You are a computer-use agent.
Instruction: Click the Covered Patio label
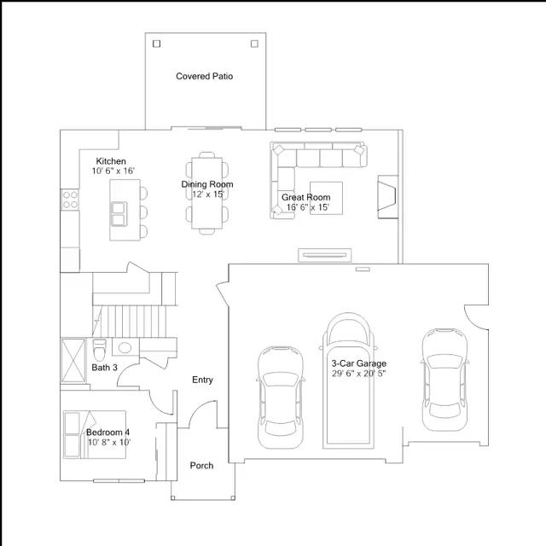click(205, 76)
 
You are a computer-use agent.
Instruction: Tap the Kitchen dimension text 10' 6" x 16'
click(113, 171)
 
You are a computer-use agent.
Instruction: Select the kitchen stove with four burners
click(70, 200)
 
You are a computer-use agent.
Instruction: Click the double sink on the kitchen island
click(119, 214)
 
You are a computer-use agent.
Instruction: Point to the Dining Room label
click(207, 184)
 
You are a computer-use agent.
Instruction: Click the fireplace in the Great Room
click(388, 197)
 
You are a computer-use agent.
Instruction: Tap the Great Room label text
click(305, 197)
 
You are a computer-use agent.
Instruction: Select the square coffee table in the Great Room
click(326, 198)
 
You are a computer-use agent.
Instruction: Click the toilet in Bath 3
click(99, 350)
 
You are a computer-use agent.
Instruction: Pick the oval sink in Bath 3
click(125, 347)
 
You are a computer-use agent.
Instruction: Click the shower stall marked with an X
click(73, 360)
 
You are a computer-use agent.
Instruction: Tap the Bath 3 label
click(104, 368)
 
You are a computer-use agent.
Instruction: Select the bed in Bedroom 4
click(95, 434)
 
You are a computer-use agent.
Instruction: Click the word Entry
click(202, 380)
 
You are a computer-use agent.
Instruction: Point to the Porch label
click(201, 466)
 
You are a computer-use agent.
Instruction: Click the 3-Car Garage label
click(358, 363)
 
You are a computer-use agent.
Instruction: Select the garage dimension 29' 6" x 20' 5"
click(358, 374)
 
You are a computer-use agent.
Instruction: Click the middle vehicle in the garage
click(348, 380)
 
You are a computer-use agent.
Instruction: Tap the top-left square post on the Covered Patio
click(157, 44)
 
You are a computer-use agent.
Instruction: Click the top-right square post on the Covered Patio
click(254, 44)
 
